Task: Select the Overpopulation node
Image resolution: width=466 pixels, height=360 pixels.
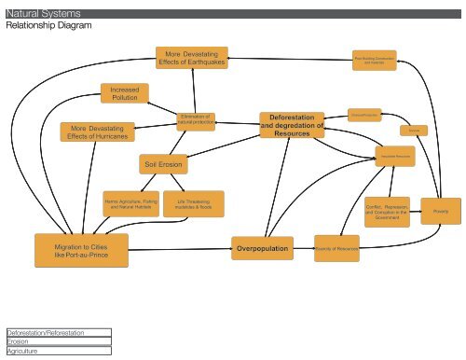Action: tap(263, 249)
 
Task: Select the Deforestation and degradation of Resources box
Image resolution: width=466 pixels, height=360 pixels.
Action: tap(292, 125)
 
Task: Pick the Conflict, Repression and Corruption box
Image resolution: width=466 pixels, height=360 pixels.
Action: tap(385, 210)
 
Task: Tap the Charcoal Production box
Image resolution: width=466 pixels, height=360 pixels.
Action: tap(363, 113)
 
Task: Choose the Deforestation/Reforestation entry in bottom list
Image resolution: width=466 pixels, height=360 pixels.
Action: tap(56, 332)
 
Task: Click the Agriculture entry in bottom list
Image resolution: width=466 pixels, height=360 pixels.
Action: tap(56, 351)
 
